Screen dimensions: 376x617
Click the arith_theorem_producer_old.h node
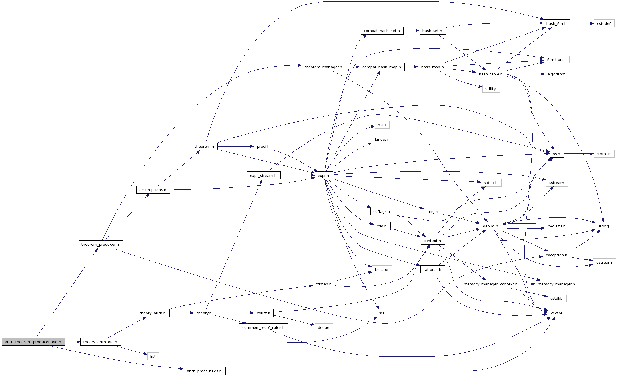[x=33, y=342]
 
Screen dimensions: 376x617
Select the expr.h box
[x=324, y=175]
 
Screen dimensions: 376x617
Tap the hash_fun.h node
[x=556, y=23]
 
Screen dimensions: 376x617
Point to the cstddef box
[x=604, y=23]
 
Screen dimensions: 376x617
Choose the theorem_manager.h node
[x=323, y=67]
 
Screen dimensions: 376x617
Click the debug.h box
[x=491, y=226]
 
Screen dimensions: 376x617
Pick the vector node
[x=556, y=313]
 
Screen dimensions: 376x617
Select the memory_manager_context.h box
[x=490, y=284]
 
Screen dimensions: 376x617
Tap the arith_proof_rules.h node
[x=204, y=371]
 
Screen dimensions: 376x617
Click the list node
[x=153, y=356]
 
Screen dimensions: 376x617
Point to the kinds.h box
[x=382, y=139]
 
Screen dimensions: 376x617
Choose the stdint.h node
[x=604, y=154]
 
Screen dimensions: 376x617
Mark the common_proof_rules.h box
[x=263, y=327]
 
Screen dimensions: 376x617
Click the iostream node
[x=604, y=262]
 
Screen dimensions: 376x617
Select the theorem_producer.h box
[x=100, y=244]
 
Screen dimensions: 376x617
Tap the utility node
[x=491, y=89]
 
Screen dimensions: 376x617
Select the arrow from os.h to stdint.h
[x=579, y=154]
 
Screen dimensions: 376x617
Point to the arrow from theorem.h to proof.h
[x=235, y=147]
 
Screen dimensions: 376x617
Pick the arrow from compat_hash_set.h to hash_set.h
[x=411, y=31]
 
